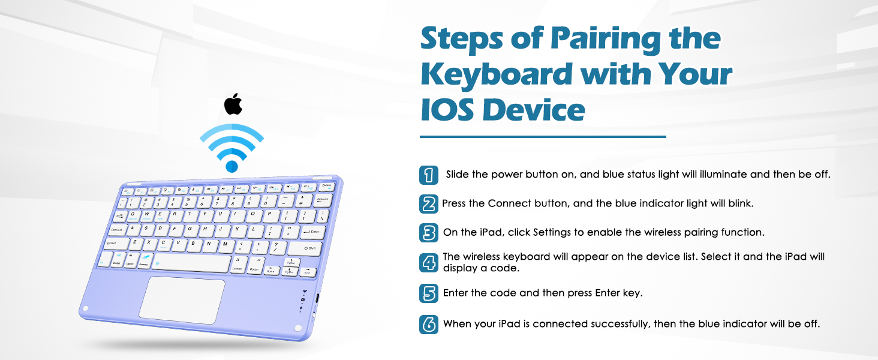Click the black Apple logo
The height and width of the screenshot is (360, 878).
click(x=233, y=104)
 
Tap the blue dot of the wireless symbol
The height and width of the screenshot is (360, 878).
click(x=232, y=166)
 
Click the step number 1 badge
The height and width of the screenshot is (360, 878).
click(x=428, y=175)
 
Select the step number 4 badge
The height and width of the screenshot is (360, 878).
click(x=428, y=262)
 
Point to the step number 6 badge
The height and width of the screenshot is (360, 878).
click(x=428, y=324)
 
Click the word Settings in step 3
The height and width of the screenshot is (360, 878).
click(x=552, y=232)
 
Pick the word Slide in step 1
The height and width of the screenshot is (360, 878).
click(x=458, y=175)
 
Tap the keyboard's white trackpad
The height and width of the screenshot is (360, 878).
click(x=182, y=298)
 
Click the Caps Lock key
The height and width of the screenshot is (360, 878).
click(x=118, y=229)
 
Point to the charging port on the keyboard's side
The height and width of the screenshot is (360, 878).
click(x=317, y=299)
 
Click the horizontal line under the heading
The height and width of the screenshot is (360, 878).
click(x=543, y=137)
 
